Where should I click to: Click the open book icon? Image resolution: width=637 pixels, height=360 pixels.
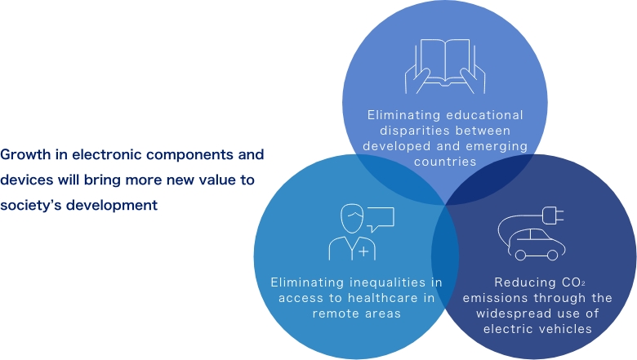point(445,65)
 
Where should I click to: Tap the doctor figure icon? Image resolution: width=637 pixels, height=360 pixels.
point(352,232)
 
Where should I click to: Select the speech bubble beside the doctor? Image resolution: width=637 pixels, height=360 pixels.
point(381,219)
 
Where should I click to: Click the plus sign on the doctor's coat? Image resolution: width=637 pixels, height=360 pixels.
point(363,251)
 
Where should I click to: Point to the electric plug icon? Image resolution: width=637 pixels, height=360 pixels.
point(553,216)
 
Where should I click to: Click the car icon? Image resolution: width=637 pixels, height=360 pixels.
point(537,244)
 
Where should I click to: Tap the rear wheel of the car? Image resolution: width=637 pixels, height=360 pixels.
point(520,255)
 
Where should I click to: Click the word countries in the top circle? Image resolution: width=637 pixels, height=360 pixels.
point(445,162)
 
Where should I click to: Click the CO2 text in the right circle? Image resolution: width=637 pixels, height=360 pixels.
point(573,282)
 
